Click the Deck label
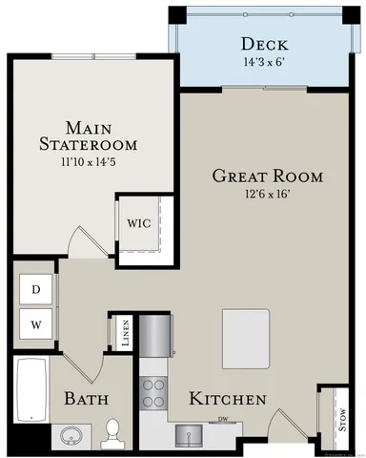[265, 45]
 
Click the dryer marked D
[36, 288]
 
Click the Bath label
[86, 399]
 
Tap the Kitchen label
[227, 399]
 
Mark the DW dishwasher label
[222, 419]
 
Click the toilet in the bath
[113, 434]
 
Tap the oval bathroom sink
[70, 436]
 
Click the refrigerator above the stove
[156, 337]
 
